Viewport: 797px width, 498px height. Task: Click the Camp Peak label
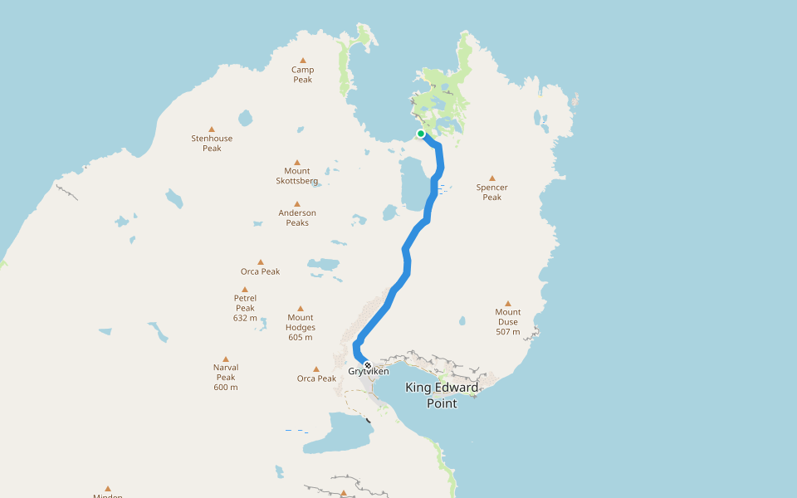pyautogui.click(x=302, y=75)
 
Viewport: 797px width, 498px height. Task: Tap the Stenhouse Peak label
pyautogui.click(x=212, y=144)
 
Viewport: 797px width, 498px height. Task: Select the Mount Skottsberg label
pyautogui.click(x=296, y=176)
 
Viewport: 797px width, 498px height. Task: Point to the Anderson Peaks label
pyautogui.click(x=296, y=218)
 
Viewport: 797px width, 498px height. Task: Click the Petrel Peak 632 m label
pyautogui.click(x=245, y=308)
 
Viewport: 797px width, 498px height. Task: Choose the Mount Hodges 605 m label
pyautogui.click(x=300, y=327)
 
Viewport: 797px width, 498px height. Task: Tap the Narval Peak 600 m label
pyautogui.click(x=225, y=377)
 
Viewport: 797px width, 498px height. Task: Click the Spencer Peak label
pyautogui.click(x=491, y=193)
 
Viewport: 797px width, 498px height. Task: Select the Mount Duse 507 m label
pyautogui.click(x=507, y=322)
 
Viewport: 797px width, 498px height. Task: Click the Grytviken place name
pyautogui.click(x=369, y=372)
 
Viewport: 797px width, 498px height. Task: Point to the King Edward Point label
pyautogui.click(x=442, y=395)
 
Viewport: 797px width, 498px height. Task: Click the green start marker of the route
pyautogui.click(x=421, y=134)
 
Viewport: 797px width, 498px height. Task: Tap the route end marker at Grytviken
pyautogui.click(x=368, y=364)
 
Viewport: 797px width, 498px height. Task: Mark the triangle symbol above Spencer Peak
pyautogui.click(x=491, y=178)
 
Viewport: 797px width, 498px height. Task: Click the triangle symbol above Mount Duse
pyautogui.click(x=507, y=303)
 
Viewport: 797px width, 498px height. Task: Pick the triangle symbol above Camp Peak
pyautogui.click(x=302, y=60)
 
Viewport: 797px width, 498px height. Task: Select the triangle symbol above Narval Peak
pyautogui.click(x=225, y=359)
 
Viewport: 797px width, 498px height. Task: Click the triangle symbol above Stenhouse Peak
pyautogui.click(x=212, y=129)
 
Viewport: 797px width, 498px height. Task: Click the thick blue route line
pyautogui.click(x=407, y=257)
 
